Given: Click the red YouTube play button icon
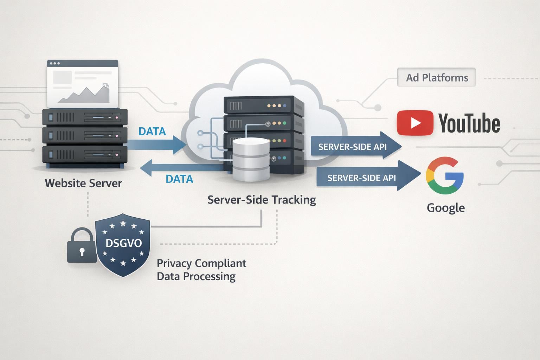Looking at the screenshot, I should coord(415,123).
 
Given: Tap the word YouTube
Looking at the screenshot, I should coord(469,123).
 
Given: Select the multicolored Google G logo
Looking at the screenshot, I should coord(445,176).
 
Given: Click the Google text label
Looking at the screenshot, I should coord(445,208).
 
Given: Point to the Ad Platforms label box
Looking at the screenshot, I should coord(436,77).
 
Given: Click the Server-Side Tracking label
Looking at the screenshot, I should coord(262,200).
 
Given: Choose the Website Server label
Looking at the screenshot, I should coord(83,183).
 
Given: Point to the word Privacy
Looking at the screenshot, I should coord(174,263).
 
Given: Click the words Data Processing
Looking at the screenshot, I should coord(196,276).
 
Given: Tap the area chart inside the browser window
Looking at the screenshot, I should coord(84,94).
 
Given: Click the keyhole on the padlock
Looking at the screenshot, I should coord(82,252).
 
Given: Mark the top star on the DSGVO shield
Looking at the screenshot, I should coord(123,224).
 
